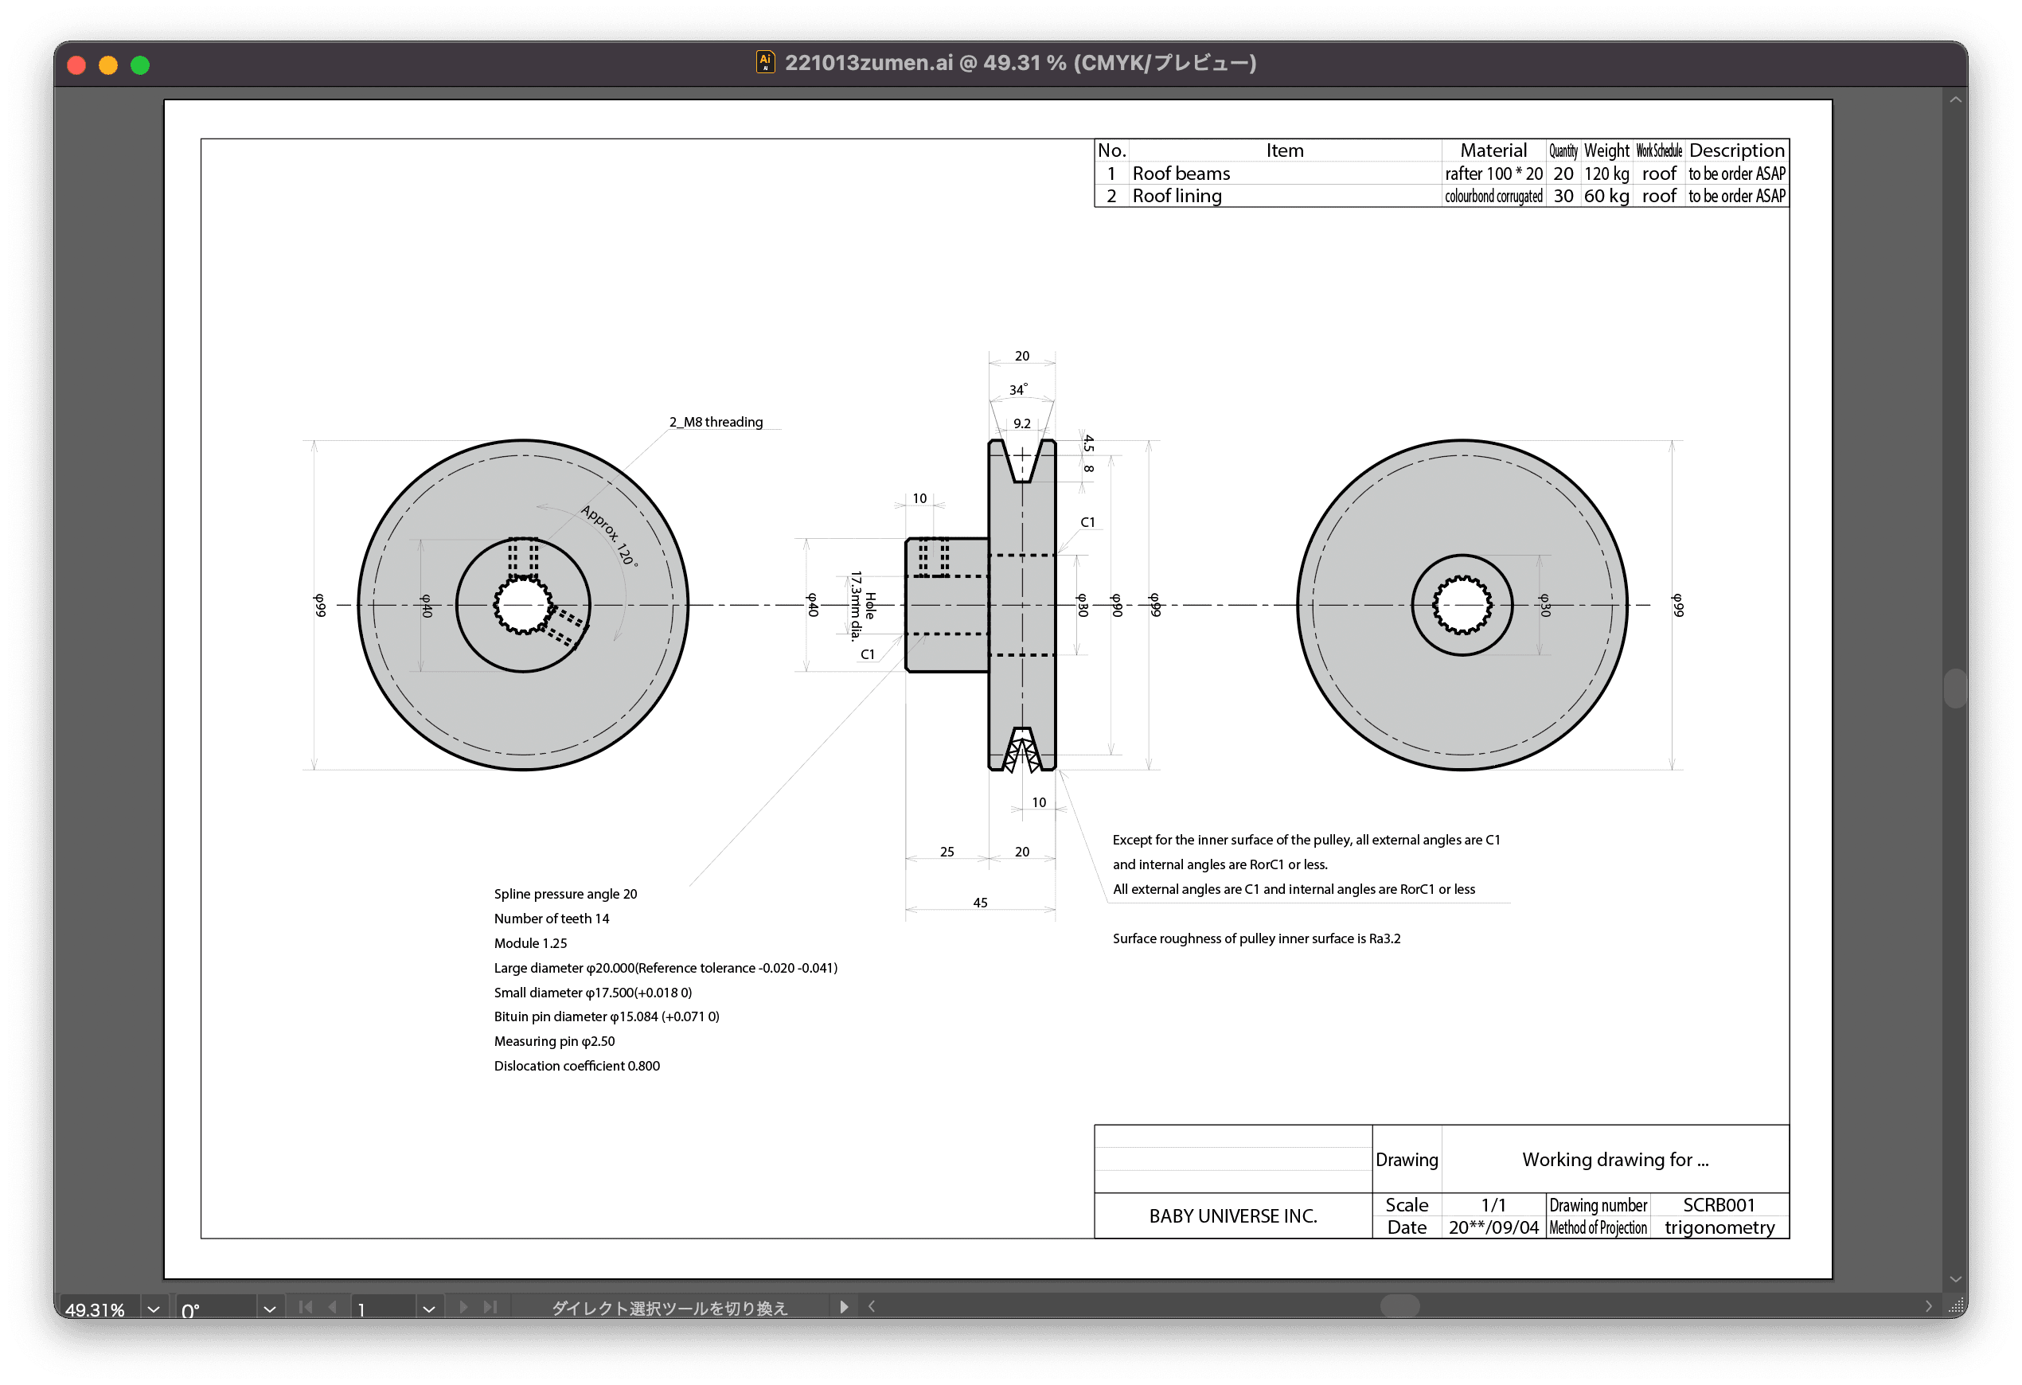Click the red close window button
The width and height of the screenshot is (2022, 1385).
pyautogui.click(x=76, y=65)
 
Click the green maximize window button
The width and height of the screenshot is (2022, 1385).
pyautogui.click(x=140, y=65)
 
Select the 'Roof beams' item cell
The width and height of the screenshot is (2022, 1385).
pyautogui.click(x=1181, y=174)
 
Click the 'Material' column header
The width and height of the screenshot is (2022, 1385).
pyautogui.click(x=1493, y=150)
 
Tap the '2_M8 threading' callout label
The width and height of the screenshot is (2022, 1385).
pyautogui.click(x=715, y=422)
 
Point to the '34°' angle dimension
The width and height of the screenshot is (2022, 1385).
pyautogui.click(x=1018, y=390)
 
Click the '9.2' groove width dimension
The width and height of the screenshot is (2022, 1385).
pyautogui.click(x=1021, y=423)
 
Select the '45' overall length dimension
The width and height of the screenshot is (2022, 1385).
pyautogui.click(x=980, y=903)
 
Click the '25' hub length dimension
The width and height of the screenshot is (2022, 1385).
pyautogui.click(x=947, y=852)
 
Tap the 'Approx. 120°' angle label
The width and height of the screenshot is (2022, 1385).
pyautogui.click(x=609, y=536)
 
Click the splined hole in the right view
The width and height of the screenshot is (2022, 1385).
pyautogui.click(x=1462, y=605)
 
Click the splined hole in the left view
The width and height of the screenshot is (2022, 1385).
pyautogui.click(x=522, y=605)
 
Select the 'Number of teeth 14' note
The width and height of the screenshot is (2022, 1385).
pyautogui.click(x=552, y=919)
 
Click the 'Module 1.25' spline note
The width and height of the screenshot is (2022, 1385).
pyautogui.click(x=530, y=943)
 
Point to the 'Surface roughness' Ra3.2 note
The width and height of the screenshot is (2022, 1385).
pyautogui.click(x=1256, y=938)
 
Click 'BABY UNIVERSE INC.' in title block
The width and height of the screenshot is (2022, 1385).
pyautogui.click(x=1233, y=1216)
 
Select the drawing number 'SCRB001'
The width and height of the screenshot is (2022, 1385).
pyautogui.click(x=1719, y=1205)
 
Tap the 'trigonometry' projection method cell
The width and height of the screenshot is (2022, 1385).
pyautogui.click(x=1719, y=1227)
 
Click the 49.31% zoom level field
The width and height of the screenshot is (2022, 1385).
pyautogui.click(x=95, y=1309)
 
